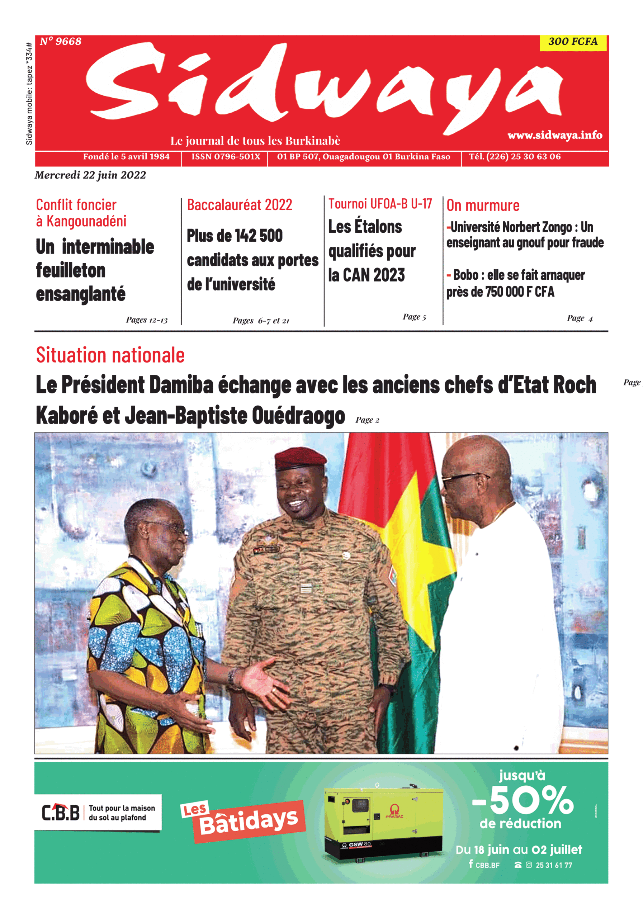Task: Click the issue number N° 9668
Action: coord(60,42)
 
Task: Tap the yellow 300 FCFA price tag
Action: coord(573,42)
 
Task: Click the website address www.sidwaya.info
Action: coord(555,135)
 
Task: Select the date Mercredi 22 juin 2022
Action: coord(90,175)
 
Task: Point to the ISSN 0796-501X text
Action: coord(226,157)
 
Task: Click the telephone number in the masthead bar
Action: coord(515,157)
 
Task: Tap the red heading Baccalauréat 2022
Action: coord(240,205)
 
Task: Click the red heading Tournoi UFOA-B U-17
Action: coord(380,204)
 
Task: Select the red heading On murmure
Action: coord(483,205)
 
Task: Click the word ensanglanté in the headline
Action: coord(81,295)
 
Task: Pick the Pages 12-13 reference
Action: coord(147,320)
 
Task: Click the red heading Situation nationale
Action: coord(110,355)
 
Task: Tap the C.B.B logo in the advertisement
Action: coord(61,813)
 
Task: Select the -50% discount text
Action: coord(523,800)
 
